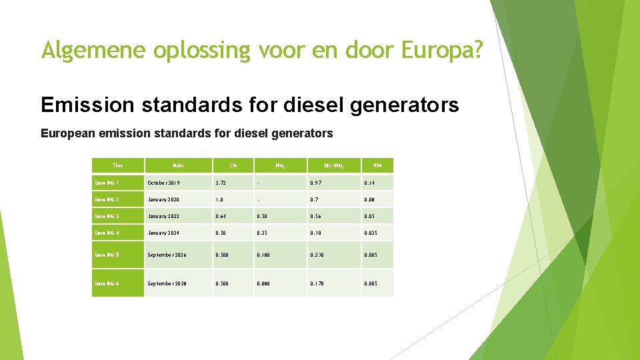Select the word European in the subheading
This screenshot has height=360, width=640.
coord(65,133)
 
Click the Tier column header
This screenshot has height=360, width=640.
coord(117,165)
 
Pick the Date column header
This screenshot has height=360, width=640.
coord(178,165)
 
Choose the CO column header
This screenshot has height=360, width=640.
coord(233,165)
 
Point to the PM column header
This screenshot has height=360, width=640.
coord(377,165)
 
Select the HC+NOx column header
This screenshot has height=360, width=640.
coord(334,165)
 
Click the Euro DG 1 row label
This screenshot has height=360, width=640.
coord(107,183)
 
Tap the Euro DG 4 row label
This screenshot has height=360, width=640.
coord(107,233)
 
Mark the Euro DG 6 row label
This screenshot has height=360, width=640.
coord(107,283)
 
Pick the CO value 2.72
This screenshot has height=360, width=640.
coord(221,183)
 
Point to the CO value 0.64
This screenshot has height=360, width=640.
coord(221,216)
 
